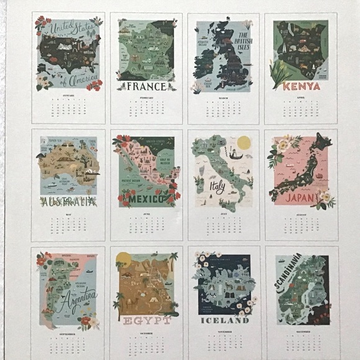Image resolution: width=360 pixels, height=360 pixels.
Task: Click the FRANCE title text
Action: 146,86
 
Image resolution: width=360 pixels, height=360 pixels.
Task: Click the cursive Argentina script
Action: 75,298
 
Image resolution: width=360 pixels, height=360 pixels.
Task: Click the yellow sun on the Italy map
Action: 243,142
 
